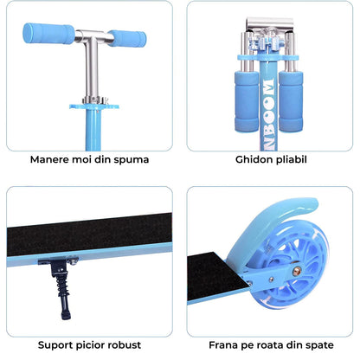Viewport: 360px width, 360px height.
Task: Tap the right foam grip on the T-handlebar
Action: pyautogui.click(x=126, y=40)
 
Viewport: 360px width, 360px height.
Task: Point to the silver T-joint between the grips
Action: pyautogui.click(x=90, y=36)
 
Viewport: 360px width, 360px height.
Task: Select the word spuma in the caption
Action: pyautogui.click(x=132, y=159)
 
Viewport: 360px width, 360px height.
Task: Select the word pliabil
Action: pyautogui.click(x=290, y=159)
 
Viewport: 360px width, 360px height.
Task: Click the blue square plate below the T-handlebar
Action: pyautogui.click(x=92, y=107)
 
